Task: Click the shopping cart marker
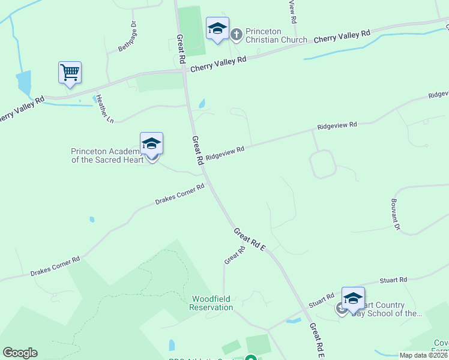70,73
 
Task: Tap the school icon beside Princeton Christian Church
217,28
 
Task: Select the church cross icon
236,34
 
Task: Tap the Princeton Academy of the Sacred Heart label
107,155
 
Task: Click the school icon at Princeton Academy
151,144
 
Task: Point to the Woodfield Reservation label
211,303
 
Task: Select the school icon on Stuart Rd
353,299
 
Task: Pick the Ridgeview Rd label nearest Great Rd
225,153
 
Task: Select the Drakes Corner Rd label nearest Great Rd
179,193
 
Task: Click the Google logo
20,353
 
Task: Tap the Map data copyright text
424,355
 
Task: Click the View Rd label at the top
292,11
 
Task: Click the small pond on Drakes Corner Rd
92,220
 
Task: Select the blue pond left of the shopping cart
24,83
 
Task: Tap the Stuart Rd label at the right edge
394,280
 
